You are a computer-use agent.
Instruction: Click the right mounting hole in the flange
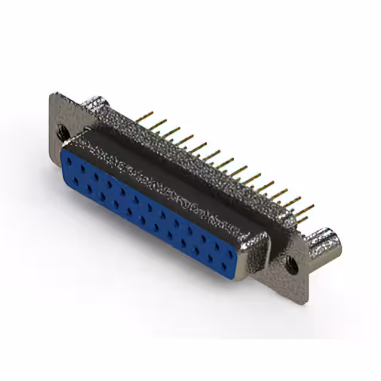click(292, 264)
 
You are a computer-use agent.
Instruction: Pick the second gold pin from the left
click(158, 124)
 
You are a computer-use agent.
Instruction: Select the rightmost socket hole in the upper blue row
click(231, 254)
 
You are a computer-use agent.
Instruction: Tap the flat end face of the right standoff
click(333, 241)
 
